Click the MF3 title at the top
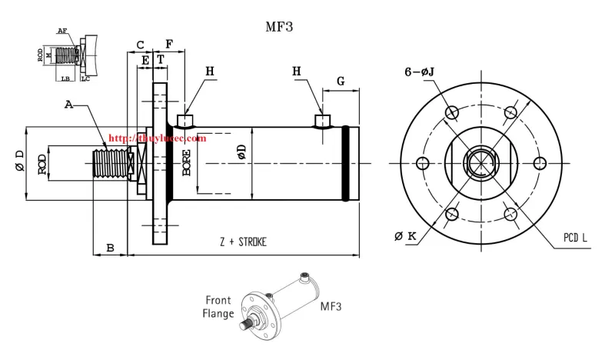click(279, 26)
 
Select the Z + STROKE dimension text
click(242, 242)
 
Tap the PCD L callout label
click(575, 239)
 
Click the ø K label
click(405, 235)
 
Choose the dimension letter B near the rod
click(110, 248)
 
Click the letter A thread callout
click(68, 104)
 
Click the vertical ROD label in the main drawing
click(42, 163)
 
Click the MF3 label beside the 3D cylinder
click(331, 306)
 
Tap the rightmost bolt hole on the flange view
click(540, 162)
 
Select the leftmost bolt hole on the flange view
click(421, 162)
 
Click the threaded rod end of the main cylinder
click(108, 163)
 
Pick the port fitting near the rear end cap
click(324, 121)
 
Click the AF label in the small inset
click(61, 31)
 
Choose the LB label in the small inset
click(66, 78)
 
